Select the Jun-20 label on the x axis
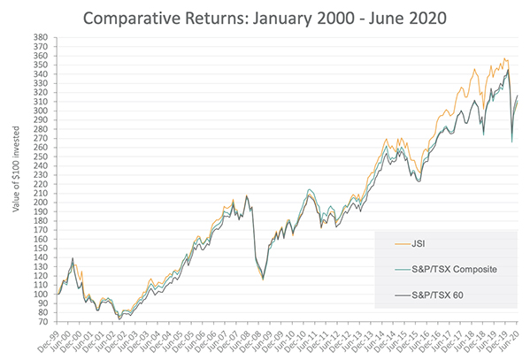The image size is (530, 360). point(512,341)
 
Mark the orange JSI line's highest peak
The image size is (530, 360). point(504,59)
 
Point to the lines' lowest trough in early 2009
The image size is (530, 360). point(263,280)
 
